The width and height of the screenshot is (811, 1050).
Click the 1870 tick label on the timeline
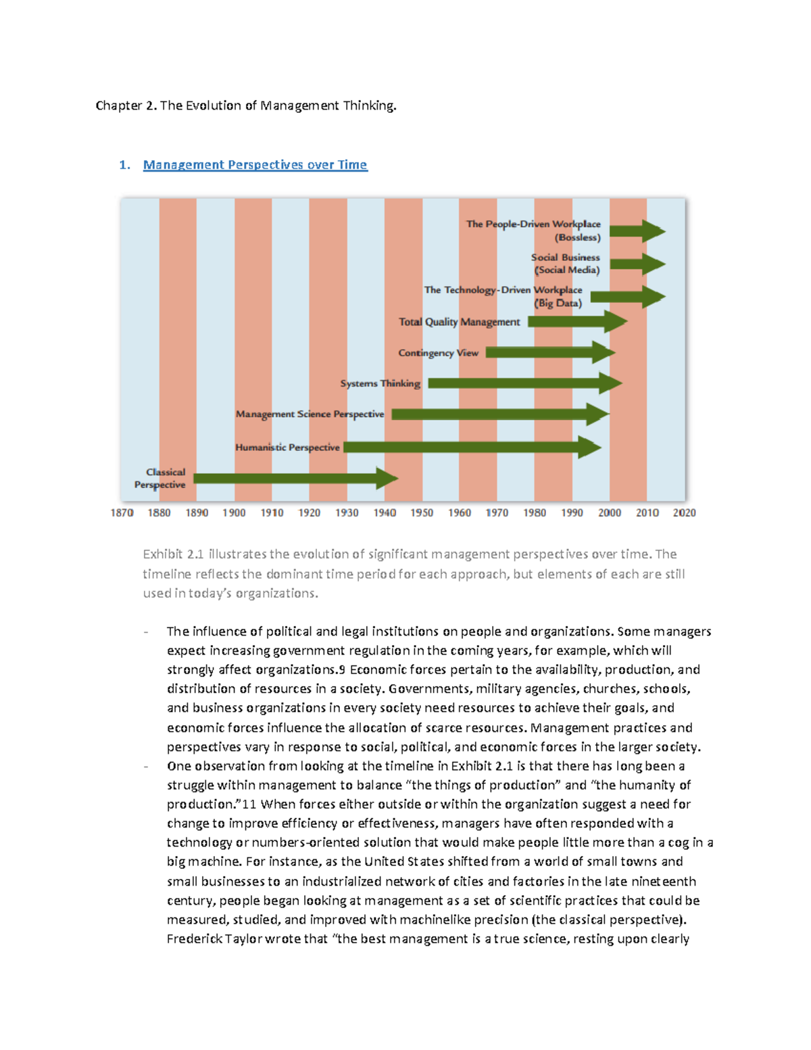(x=122, y=513)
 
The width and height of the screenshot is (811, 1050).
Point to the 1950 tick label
(x=422, y=513)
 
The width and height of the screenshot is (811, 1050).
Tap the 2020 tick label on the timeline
(x=684, y=513)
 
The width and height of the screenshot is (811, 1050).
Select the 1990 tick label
(x=572, y=513)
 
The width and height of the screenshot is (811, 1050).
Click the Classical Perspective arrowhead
(x=387, y=479)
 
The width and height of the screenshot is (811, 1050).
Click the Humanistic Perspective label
(x=287, y=448)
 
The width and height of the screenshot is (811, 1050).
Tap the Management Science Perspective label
(x=310, y=414)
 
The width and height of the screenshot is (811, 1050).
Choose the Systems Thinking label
(x=380, y=383)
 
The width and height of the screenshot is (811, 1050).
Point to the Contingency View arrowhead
(x=604, y=352)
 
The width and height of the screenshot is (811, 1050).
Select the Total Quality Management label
(x=459, y=322)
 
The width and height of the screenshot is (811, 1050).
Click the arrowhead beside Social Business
(x=654, y=264)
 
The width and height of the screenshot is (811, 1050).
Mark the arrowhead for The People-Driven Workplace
(x=654, y=231)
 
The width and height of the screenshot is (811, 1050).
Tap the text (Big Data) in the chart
(x=558, y=304)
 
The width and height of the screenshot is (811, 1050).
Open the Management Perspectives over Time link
(x=255, y=165)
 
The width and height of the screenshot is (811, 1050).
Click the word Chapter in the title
(x=119, y=105)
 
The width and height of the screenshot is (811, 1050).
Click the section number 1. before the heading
(x=124, y=165)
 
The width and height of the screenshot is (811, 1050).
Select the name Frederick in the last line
(x=193, y=939)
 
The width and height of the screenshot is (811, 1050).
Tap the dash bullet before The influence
(x=146, y=632)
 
